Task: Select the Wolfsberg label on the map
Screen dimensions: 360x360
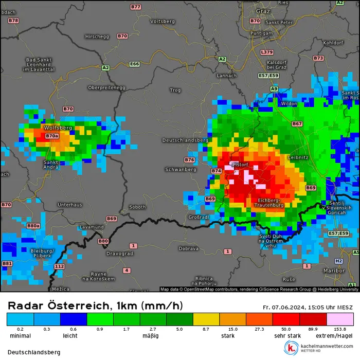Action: (58, 127)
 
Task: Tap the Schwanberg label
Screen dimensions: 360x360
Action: (181, 169)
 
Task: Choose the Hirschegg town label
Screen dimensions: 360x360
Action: (97, 37)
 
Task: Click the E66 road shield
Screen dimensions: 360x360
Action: (135, 64)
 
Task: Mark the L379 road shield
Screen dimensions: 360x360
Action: (267, 52)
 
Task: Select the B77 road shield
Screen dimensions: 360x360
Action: (136, 7)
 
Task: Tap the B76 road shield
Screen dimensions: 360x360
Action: (190, 160)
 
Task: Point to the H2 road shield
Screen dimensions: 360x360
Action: (338, 261)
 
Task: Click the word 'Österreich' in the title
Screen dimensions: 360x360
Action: (77, 306)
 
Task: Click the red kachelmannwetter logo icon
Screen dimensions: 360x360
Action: (292, 348)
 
